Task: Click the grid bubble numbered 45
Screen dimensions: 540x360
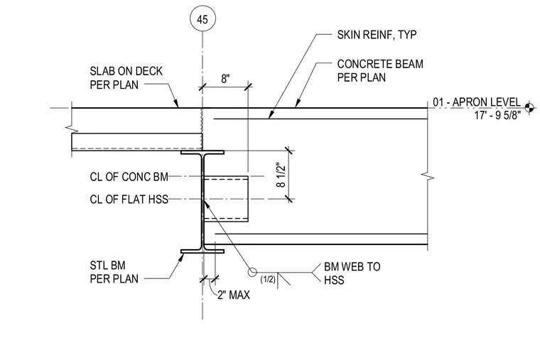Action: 202,19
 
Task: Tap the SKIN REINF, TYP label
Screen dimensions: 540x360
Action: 377,35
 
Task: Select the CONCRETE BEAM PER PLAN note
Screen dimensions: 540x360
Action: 380,70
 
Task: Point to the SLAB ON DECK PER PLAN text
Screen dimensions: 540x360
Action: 126,78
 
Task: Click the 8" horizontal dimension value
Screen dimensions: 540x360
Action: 225,79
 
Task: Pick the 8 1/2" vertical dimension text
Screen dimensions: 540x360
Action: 281,175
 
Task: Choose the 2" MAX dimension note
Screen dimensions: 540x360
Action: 234,295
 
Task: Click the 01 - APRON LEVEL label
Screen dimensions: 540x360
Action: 477,102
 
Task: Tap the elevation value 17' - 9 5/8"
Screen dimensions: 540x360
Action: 497,115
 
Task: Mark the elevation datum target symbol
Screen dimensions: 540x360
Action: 530,108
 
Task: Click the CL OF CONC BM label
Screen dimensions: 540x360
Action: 129,177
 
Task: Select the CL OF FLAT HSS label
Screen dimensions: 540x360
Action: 129,200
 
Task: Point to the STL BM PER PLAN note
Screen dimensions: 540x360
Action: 114,272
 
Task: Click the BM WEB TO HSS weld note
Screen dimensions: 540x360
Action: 352,273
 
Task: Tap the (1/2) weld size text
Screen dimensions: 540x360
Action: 268,279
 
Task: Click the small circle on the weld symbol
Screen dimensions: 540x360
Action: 252,272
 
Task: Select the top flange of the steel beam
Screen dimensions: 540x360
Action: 202,152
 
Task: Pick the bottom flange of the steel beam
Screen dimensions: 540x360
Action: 202,251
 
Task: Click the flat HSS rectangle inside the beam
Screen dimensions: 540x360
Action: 225,199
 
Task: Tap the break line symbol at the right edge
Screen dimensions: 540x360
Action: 428,178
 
